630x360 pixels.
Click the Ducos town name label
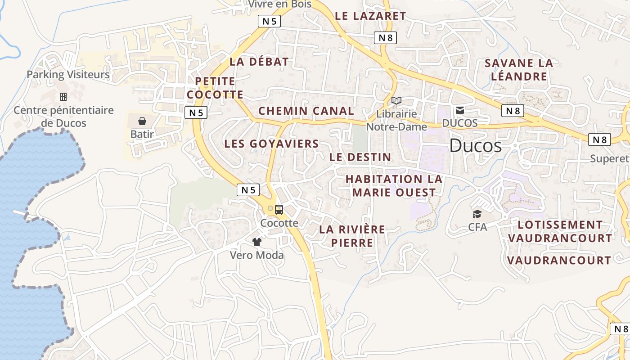tap(475, 146)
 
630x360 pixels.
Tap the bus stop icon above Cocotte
tap(279, 209)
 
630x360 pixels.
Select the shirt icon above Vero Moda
tap(257, 242)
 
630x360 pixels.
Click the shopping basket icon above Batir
tap(142, 121)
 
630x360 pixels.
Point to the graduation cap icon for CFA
tap(477, 214)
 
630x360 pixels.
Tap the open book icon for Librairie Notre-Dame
tap(396, 100)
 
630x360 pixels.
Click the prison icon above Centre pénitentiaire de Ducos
tap(63, 96)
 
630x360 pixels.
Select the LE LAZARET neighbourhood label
tap(370, 16)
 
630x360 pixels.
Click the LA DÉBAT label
tap(259, 62)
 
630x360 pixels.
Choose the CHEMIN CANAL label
tap(306, 111)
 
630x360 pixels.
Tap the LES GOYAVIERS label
tap(271, 144)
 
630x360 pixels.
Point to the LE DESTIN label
tap(360, 157)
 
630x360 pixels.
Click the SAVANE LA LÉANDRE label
tap(519, 70)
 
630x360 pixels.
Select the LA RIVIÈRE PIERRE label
tap(352, 236)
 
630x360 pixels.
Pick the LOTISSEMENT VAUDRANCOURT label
tap(560, 231)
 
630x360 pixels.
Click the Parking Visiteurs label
tap(68, 75)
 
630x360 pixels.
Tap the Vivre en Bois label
tap(280, 4)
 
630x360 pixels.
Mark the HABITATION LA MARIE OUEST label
tap(394, 186)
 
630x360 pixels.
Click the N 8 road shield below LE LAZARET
tap(385, 38)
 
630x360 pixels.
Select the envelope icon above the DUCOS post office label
tap(460, 110)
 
